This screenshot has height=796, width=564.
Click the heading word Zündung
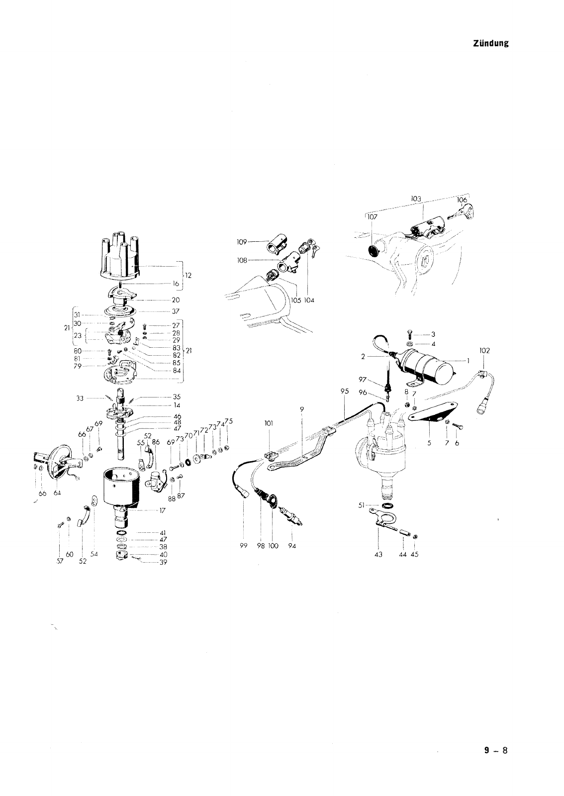click(490, 43)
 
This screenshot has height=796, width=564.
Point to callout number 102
click(484, 350)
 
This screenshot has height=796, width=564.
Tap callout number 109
click(241, 242)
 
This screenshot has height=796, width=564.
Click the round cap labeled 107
click(373, 250)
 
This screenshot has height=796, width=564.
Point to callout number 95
click(345, 391)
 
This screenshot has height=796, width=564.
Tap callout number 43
click(379, 555)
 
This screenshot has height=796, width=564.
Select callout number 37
click(175, 311)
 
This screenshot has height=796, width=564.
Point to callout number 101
click(269, 424)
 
